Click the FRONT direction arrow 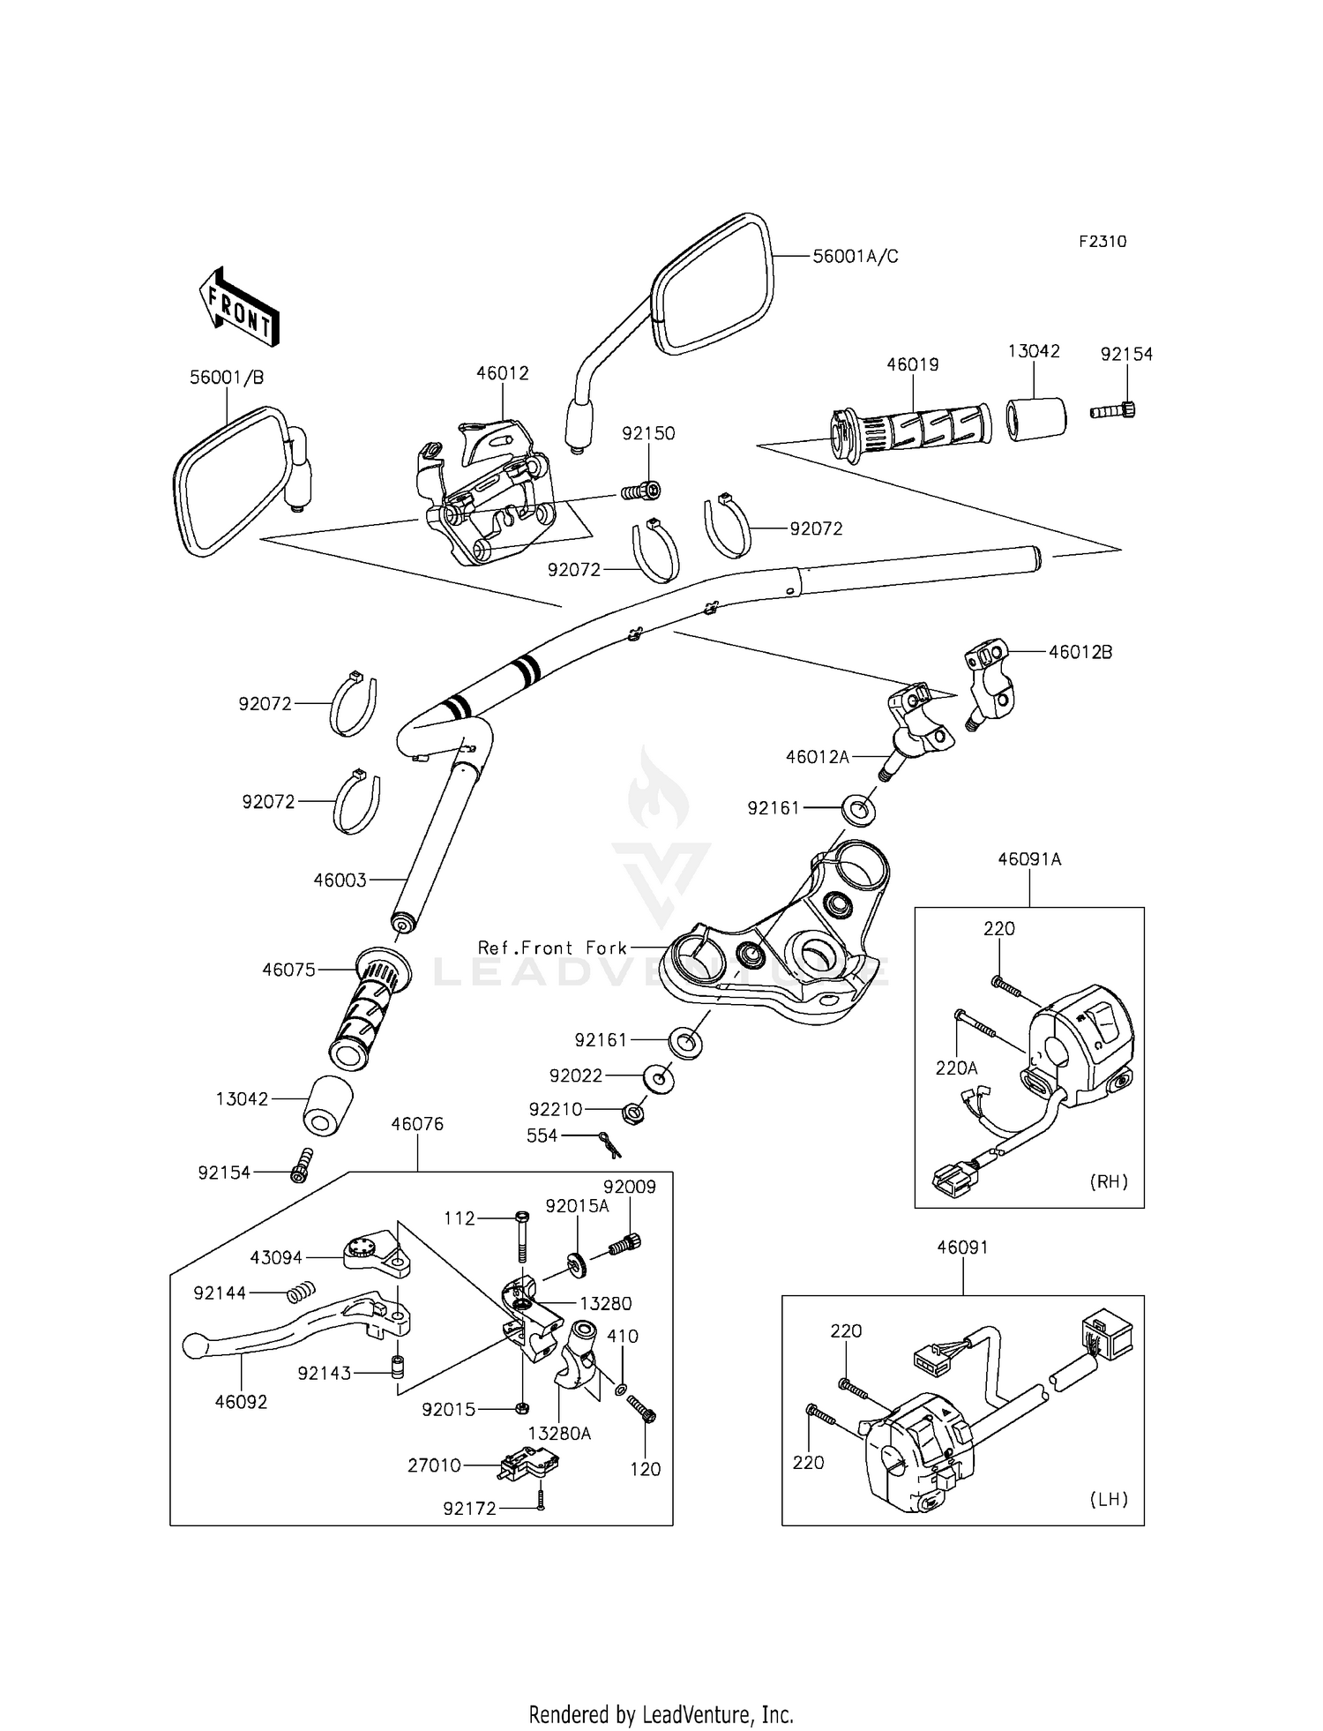239,307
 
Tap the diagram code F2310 1102,242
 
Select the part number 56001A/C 855,257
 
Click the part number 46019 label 913,364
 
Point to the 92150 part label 648,433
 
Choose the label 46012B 1080,652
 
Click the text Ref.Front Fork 552,948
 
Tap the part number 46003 340,880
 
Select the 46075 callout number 288,970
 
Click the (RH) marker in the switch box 1109,1181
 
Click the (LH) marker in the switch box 1109,1499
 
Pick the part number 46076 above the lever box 417,1124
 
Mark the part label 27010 434,1465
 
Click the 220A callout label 956,1068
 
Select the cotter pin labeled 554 608,1143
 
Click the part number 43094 276,1258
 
